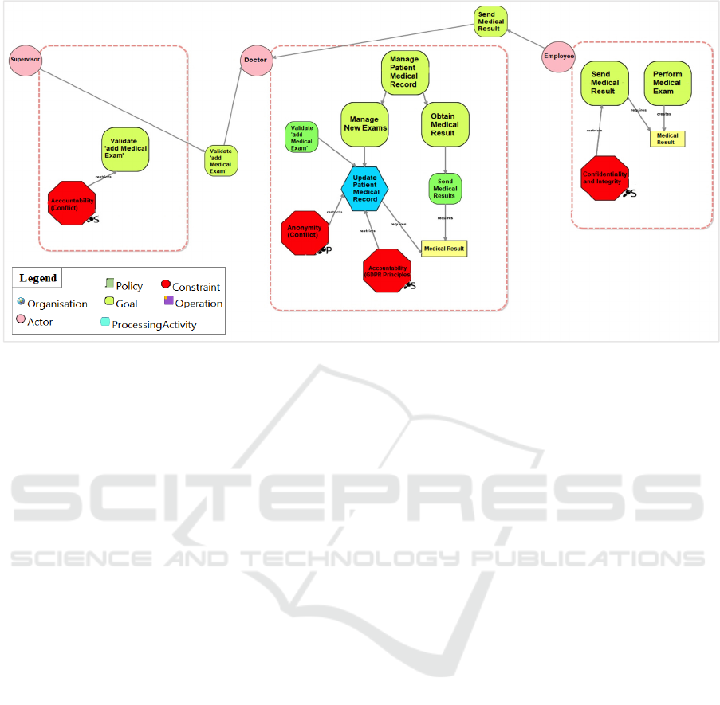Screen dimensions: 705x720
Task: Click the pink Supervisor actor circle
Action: click(25, 60)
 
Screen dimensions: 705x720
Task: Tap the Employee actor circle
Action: click(558, 57)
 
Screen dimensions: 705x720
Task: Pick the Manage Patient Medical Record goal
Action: click(404, 73)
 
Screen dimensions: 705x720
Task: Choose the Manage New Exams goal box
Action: click(364, 124)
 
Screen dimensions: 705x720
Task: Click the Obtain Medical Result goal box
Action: click(444, 124)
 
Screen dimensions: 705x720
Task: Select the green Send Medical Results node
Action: click(445, 188)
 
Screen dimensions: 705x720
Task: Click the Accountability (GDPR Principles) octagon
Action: click(388, 271)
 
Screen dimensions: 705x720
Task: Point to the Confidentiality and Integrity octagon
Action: click(605, 177)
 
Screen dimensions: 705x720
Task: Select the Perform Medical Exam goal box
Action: click(667, 83)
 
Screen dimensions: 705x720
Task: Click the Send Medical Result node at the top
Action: click(489, 22)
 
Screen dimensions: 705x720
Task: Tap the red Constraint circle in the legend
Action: click(165, 285)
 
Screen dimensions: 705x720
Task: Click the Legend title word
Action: click(38, 278)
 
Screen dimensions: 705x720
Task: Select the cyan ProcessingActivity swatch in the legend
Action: click(105, 323)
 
